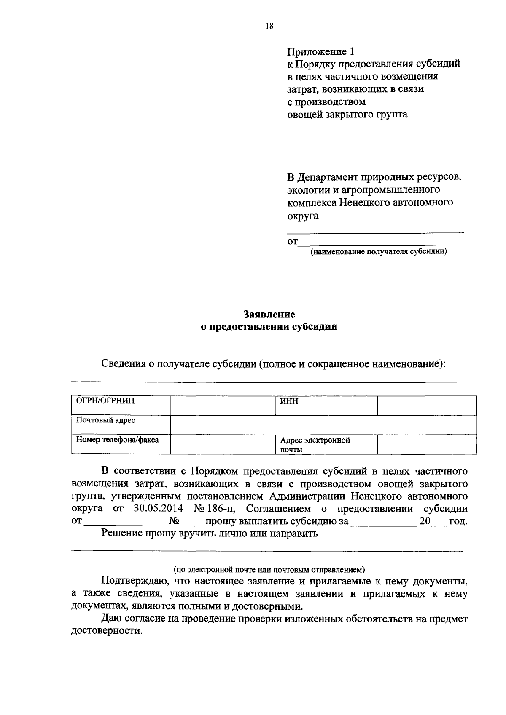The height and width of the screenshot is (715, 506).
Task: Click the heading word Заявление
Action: [x=269, y=314]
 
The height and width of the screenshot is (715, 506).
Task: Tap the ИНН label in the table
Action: [x=289, y=401]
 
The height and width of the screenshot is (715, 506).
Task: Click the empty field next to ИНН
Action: [x=427, y=405]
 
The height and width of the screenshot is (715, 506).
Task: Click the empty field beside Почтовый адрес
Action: [x=323, y=424]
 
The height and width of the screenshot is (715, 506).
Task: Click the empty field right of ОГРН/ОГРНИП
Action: [x=222, y=405]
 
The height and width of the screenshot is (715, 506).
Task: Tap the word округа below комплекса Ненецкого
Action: [x=303, y=216]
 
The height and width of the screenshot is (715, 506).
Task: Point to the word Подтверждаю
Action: [x=133, y=582]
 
